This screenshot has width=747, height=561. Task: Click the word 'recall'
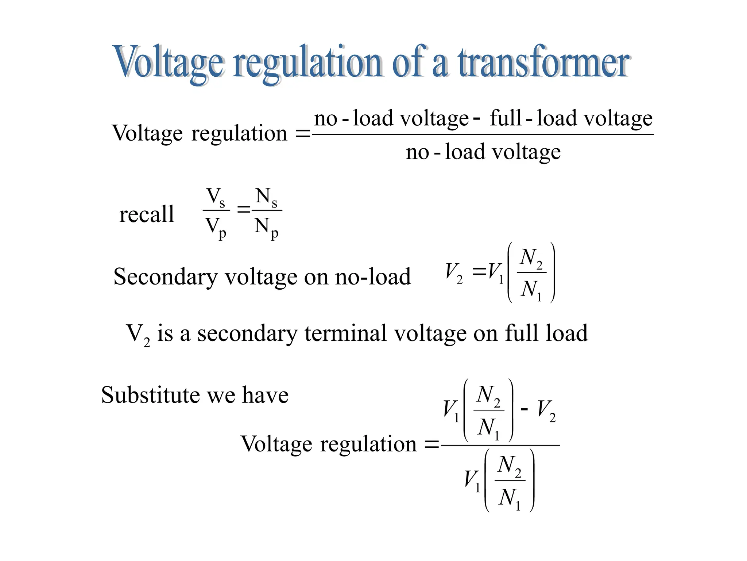point(147,214)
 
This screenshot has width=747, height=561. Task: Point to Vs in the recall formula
point(216,198)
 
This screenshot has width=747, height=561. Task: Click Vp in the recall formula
point(216,227)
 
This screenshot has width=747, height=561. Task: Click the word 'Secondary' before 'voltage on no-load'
point(166,277)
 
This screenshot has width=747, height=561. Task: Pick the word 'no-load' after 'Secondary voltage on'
point(373,276)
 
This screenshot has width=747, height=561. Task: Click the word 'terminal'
point(345,333)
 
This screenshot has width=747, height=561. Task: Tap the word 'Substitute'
point(150,395)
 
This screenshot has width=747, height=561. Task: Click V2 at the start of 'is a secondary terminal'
point(138,335)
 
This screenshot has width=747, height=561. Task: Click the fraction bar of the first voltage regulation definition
point(483,135)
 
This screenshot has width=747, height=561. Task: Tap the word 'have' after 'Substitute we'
point(265,395)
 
